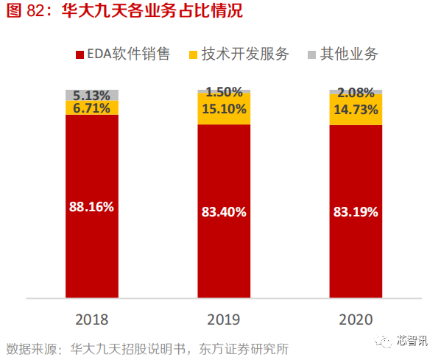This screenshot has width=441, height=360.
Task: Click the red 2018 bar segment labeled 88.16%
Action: [x=92, y=207]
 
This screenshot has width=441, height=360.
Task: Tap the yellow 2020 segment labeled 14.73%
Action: [x=355, y=110]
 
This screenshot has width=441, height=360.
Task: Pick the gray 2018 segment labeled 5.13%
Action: [x=92, y=95]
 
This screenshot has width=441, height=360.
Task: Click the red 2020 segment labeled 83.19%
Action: [x=355, y=212]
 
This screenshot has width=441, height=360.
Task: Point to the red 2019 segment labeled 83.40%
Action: [x=223, y=212]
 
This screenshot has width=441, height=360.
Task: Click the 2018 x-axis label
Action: [x=92, y=320]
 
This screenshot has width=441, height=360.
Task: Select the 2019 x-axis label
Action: [x=223, y=320]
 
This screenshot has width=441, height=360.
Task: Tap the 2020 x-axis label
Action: [x=355, y=320]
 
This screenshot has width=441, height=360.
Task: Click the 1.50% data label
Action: [x=223, y=92]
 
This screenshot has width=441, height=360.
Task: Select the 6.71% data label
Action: [x=92, y=108]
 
